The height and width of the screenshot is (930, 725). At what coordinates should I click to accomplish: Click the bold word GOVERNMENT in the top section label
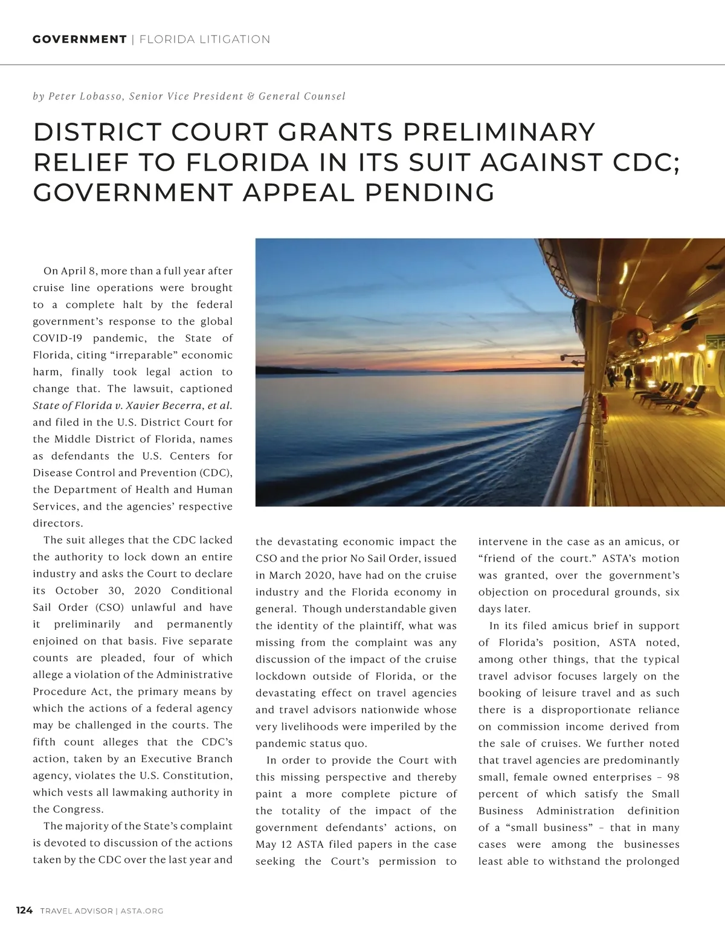pyautogui.click(x=79, y=40)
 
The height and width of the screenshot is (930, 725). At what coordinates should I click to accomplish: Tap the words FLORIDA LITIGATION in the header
pyautogui.click(x=205, y=40)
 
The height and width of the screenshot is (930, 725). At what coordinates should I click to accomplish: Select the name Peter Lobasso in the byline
pyautogui.click(x=86, y=96)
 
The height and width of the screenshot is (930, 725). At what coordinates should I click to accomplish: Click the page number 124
pyautogui.click(x=24, y=911)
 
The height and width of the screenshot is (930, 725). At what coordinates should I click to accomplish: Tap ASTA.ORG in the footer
pyautogui.click(x=142, y=911)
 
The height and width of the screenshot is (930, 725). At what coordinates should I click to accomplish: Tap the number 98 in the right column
pyautogui.click(x=673, y=777)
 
